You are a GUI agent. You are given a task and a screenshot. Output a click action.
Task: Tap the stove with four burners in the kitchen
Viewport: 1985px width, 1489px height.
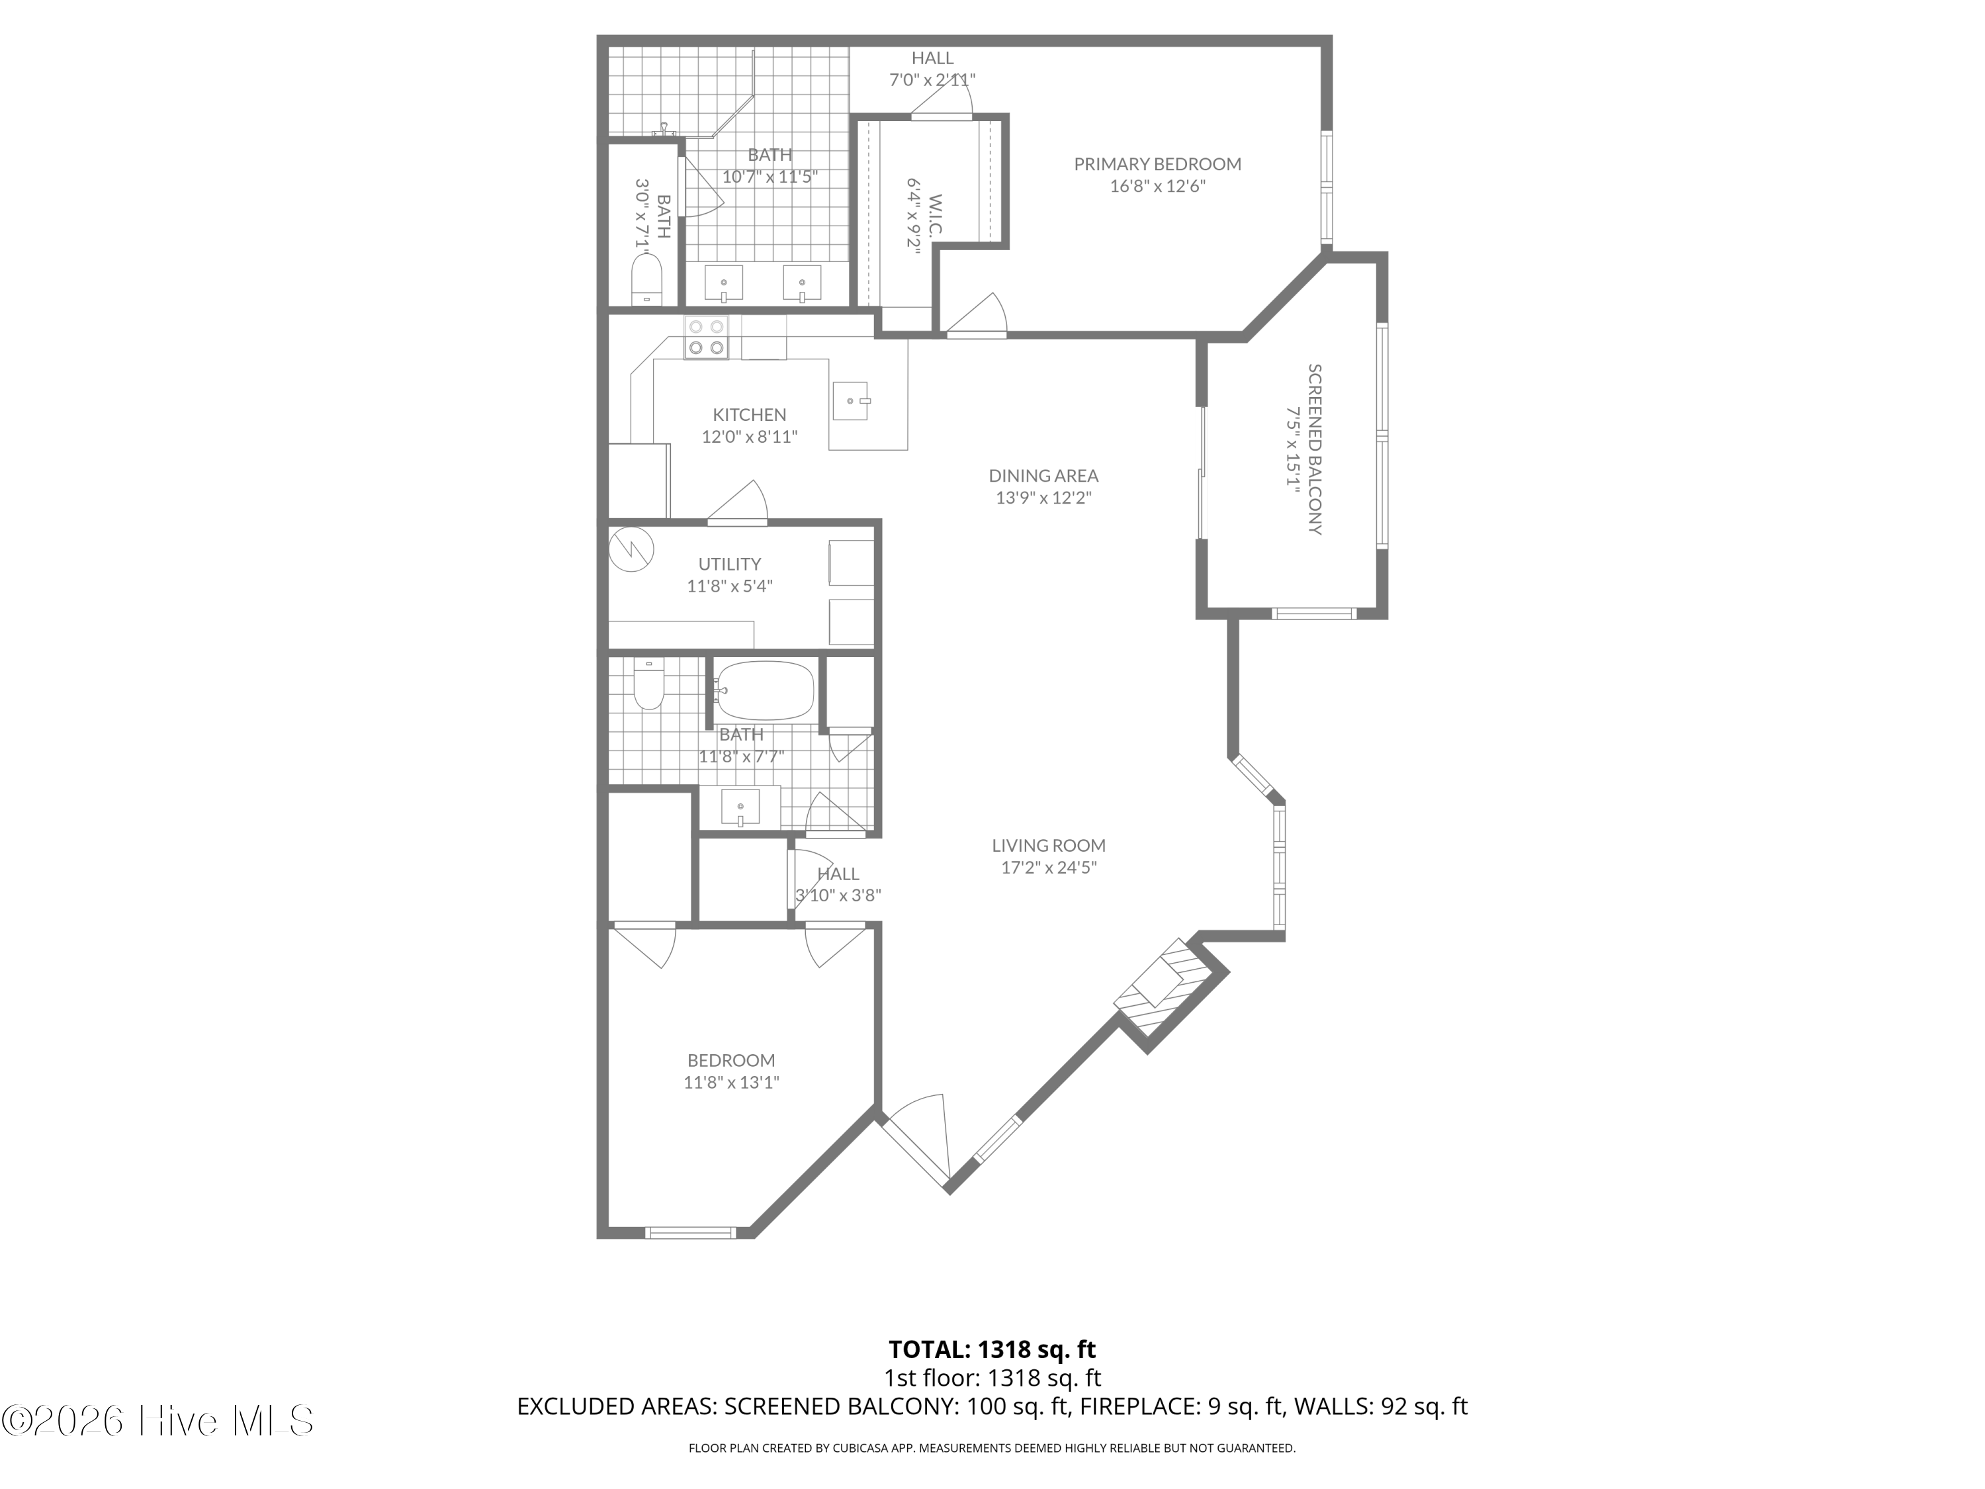pyautogui.click(x=706, y=338)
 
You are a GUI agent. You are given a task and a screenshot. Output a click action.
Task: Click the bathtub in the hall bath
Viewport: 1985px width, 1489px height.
pyautogui.click(x=766, y=690)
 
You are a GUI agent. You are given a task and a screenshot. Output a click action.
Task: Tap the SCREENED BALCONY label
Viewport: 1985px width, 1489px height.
pyautogui.click(x=1314, y=449)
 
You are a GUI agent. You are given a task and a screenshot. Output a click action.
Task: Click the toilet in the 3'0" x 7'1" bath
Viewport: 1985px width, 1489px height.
pyautogui.click(x=646, y=279)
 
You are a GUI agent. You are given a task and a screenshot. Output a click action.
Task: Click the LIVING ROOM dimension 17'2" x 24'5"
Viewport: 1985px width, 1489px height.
pyautogui.click(x=1048, y=868)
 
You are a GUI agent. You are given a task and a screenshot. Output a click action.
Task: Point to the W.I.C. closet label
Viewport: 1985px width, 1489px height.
pyautogui.click(x=935, y=215)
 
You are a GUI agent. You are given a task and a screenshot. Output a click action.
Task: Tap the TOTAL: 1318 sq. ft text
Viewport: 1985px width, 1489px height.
pyautogui.click(x=992, y=1349)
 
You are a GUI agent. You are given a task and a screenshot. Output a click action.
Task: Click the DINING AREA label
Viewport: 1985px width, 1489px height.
pyautogui.click(x=1043, y=476)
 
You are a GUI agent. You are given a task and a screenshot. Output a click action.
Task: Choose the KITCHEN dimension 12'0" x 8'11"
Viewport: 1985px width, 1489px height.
pyautogui.click(x=749, y=437)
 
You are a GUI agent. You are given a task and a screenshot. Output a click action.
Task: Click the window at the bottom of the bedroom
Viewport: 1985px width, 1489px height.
pyautogui.click(x=691, y=1232)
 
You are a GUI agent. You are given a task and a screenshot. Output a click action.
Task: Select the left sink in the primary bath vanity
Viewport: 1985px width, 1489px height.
pyautogui.click(x=723, y=284)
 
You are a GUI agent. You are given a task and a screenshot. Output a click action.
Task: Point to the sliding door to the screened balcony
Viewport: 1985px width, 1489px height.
pyautogui.click(x=1202, y=473)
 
